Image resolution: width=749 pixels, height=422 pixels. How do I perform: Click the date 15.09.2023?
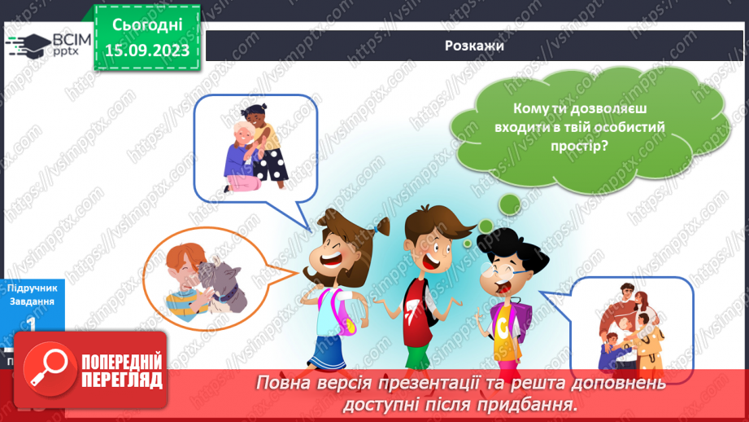click(x=147, y=51)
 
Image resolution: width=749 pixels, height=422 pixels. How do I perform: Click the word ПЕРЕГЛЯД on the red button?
click(x=120, y=380)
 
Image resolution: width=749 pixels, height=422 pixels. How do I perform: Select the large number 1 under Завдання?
click(x=30, y=324)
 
